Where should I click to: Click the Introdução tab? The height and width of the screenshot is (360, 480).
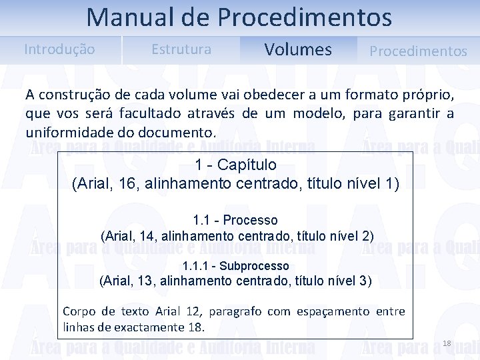pos(59,49)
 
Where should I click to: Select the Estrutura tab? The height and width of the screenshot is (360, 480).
pos(181,49)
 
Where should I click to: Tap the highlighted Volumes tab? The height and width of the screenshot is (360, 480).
pos(298,50)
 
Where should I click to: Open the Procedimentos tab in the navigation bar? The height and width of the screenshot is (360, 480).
pos(418,51)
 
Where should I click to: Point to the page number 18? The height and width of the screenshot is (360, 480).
pos(447,343)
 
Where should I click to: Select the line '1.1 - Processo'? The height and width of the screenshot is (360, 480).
pos(235,220)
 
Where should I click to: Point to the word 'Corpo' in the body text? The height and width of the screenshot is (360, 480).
pos(79,311)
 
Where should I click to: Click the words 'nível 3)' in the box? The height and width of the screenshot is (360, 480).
pos(349,281)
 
